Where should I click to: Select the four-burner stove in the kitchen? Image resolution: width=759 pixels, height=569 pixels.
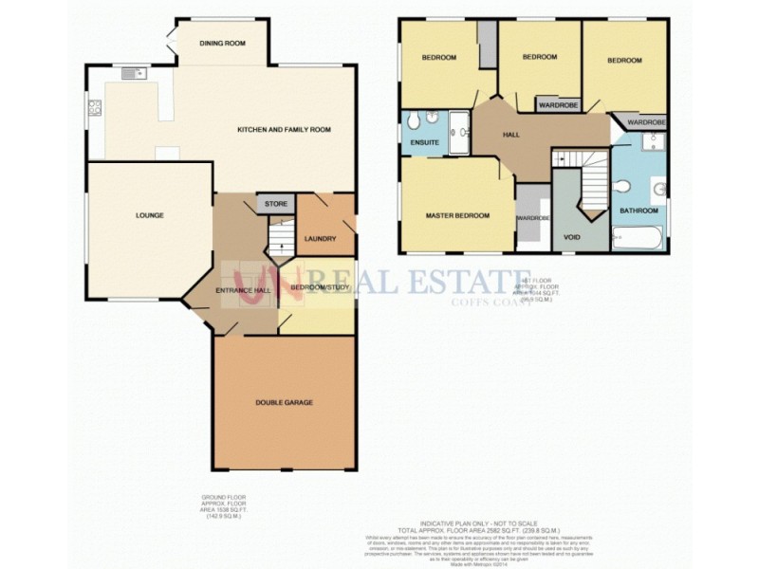click(94, 107)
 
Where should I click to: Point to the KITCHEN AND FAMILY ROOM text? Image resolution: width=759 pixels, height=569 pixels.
click(284, 129)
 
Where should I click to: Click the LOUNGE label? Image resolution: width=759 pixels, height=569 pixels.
click(149, 215)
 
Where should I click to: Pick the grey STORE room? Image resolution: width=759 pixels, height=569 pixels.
click(275, 203)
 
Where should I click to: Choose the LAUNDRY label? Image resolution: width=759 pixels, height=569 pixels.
click(321, 238)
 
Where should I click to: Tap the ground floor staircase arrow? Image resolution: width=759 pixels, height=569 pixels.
click(281, 236)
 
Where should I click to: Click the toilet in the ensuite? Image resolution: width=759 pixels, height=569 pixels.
click(429, 119)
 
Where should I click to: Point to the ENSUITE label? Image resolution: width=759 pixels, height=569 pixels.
click(424, 142)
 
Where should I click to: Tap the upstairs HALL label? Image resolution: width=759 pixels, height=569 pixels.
click(511, 135)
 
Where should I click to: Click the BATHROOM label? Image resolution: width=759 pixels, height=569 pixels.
click(639, 210)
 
